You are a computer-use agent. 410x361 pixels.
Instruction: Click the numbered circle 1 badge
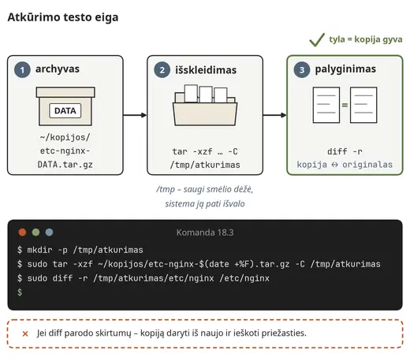22,70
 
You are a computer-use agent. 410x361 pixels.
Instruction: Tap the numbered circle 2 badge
162,70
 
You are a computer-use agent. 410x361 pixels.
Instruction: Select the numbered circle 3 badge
302,70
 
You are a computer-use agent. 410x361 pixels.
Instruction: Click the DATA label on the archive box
65,110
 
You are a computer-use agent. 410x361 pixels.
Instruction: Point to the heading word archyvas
58,69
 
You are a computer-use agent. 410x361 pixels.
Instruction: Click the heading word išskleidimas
206,70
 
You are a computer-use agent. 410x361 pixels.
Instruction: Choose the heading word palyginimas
345,69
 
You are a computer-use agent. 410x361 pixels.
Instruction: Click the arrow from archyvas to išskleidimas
135,115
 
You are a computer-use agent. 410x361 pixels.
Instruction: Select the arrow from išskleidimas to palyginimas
274,115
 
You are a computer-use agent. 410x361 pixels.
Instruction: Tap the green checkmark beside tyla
317,40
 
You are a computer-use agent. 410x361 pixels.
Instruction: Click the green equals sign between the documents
345,105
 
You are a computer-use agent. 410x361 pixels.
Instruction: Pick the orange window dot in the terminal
22,233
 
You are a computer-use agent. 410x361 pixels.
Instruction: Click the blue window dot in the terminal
49,233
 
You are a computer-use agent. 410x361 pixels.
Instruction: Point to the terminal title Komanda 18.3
205,233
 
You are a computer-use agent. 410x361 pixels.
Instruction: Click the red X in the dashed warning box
25,333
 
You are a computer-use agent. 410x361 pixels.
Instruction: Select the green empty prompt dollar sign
20,292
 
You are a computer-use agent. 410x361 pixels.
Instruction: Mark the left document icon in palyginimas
326,105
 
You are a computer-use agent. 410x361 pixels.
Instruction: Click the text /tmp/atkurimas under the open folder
205,165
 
